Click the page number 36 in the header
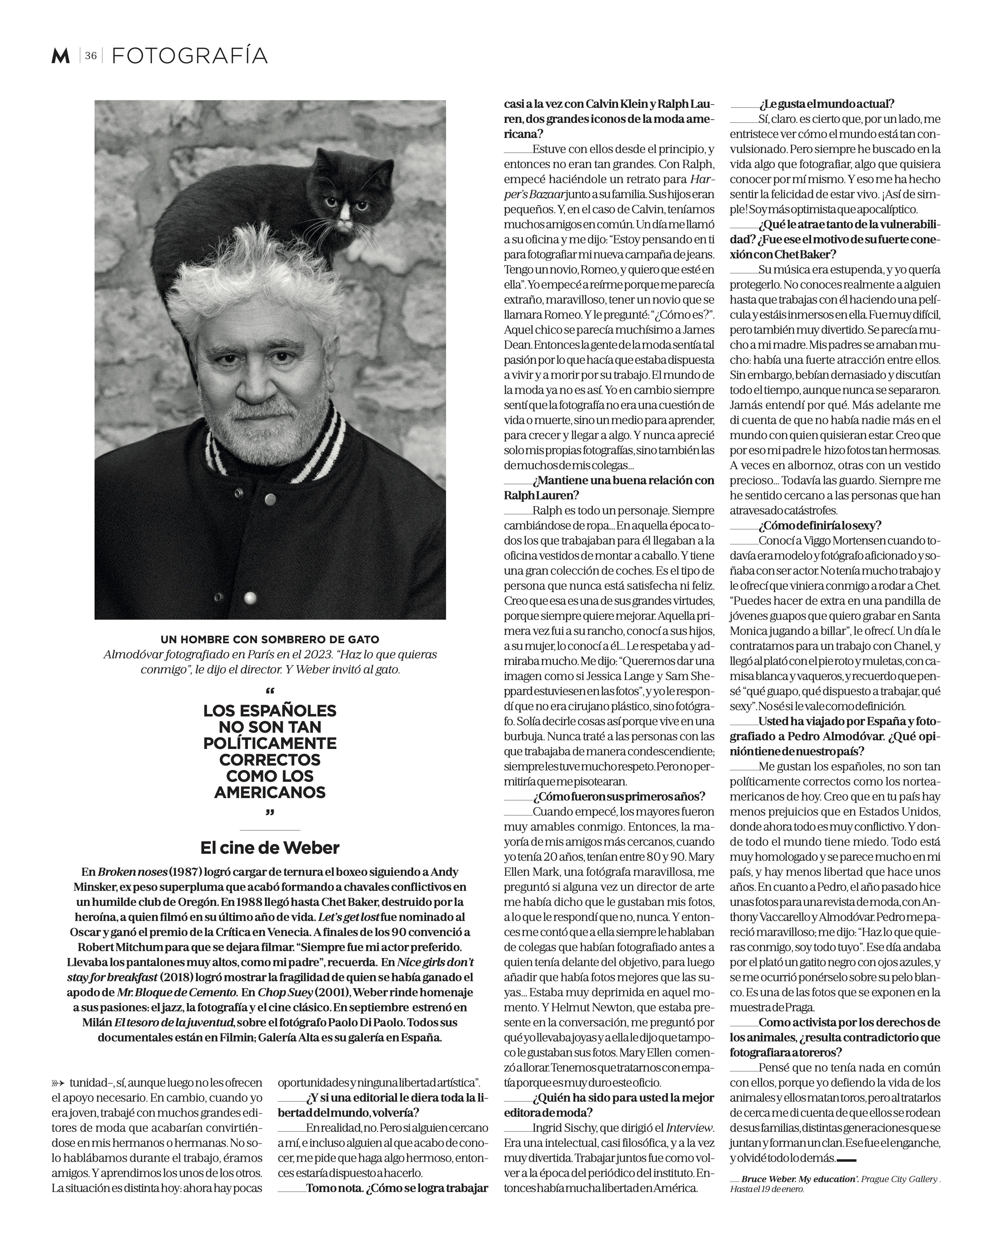[x=90, y=56]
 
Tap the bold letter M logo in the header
[x=60, y=56]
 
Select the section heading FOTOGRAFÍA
[x=189, y=56]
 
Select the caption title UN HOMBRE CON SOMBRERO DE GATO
[x=270, y=640]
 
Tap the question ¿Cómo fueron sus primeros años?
[x=619, y=797]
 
